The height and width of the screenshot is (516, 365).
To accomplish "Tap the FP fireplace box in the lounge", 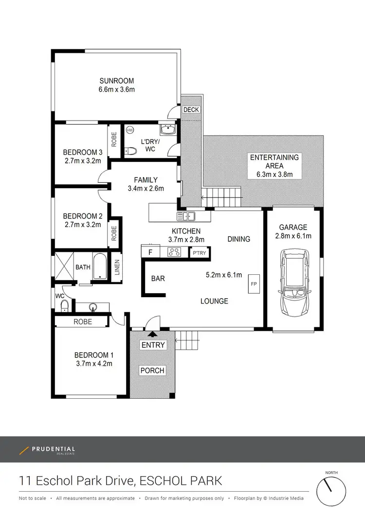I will click(x=254, y=284).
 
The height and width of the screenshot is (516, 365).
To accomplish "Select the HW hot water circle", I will click(x=130, y=130).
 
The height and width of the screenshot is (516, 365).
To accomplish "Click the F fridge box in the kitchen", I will click(x=150, y=252).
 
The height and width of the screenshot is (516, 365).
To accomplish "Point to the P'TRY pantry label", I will click(x=199, y=252).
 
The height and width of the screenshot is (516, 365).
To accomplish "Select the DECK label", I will click(x=191, y=109).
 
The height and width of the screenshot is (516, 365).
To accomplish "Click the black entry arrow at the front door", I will click(x=153, y=334).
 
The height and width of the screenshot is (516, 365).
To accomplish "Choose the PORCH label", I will click(x=152, y=371).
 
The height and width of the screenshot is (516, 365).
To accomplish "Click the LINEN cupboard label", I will click(x=117, y=267).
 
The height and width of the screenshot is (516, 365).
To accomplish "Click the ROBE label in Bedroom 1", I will click(x=83, y=321).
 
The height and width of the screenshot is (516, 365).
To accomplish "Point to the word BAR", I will click(x=158, y=279).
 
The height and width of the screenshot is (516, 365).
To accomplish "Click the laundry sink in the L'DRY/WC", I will click(x=167, y=130).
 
